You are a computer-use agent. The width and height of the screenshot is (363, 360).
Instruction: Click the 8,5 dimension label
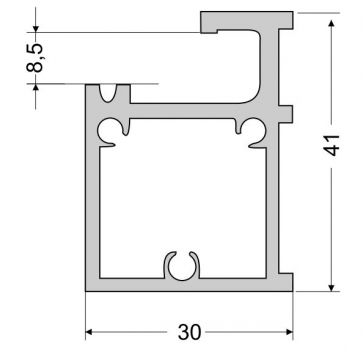coord(35,58)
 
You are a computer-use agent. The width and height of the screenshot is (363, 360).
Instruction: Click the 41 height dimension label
coord(331,146)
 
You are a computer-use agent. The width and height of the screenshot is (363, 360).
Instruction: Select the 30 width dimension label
coord(189,332)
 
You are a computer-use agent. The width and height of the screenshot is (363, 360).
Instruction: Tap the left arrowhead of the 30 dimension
coord(89,332)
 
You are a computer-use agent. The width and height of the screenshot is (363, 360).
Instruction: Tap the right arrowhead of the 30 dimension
coord(289,332)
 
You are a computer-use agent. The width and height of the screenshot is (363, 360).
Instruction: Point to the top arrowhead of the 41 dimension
coord(331,23)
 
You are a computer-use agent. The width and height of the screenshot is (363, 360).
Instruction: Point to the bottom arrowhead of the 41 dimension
coord(331,287)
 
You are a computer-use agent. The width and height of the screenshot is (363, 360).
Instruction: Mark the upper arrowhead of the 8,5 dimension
coord(36,29)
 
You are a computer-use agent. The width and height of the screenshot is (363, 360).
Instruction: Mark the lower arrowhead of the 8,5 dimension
coord(36,87)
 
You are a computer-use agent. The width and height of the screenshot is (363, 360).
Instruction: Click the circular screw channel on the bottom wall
coord(182,266)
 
